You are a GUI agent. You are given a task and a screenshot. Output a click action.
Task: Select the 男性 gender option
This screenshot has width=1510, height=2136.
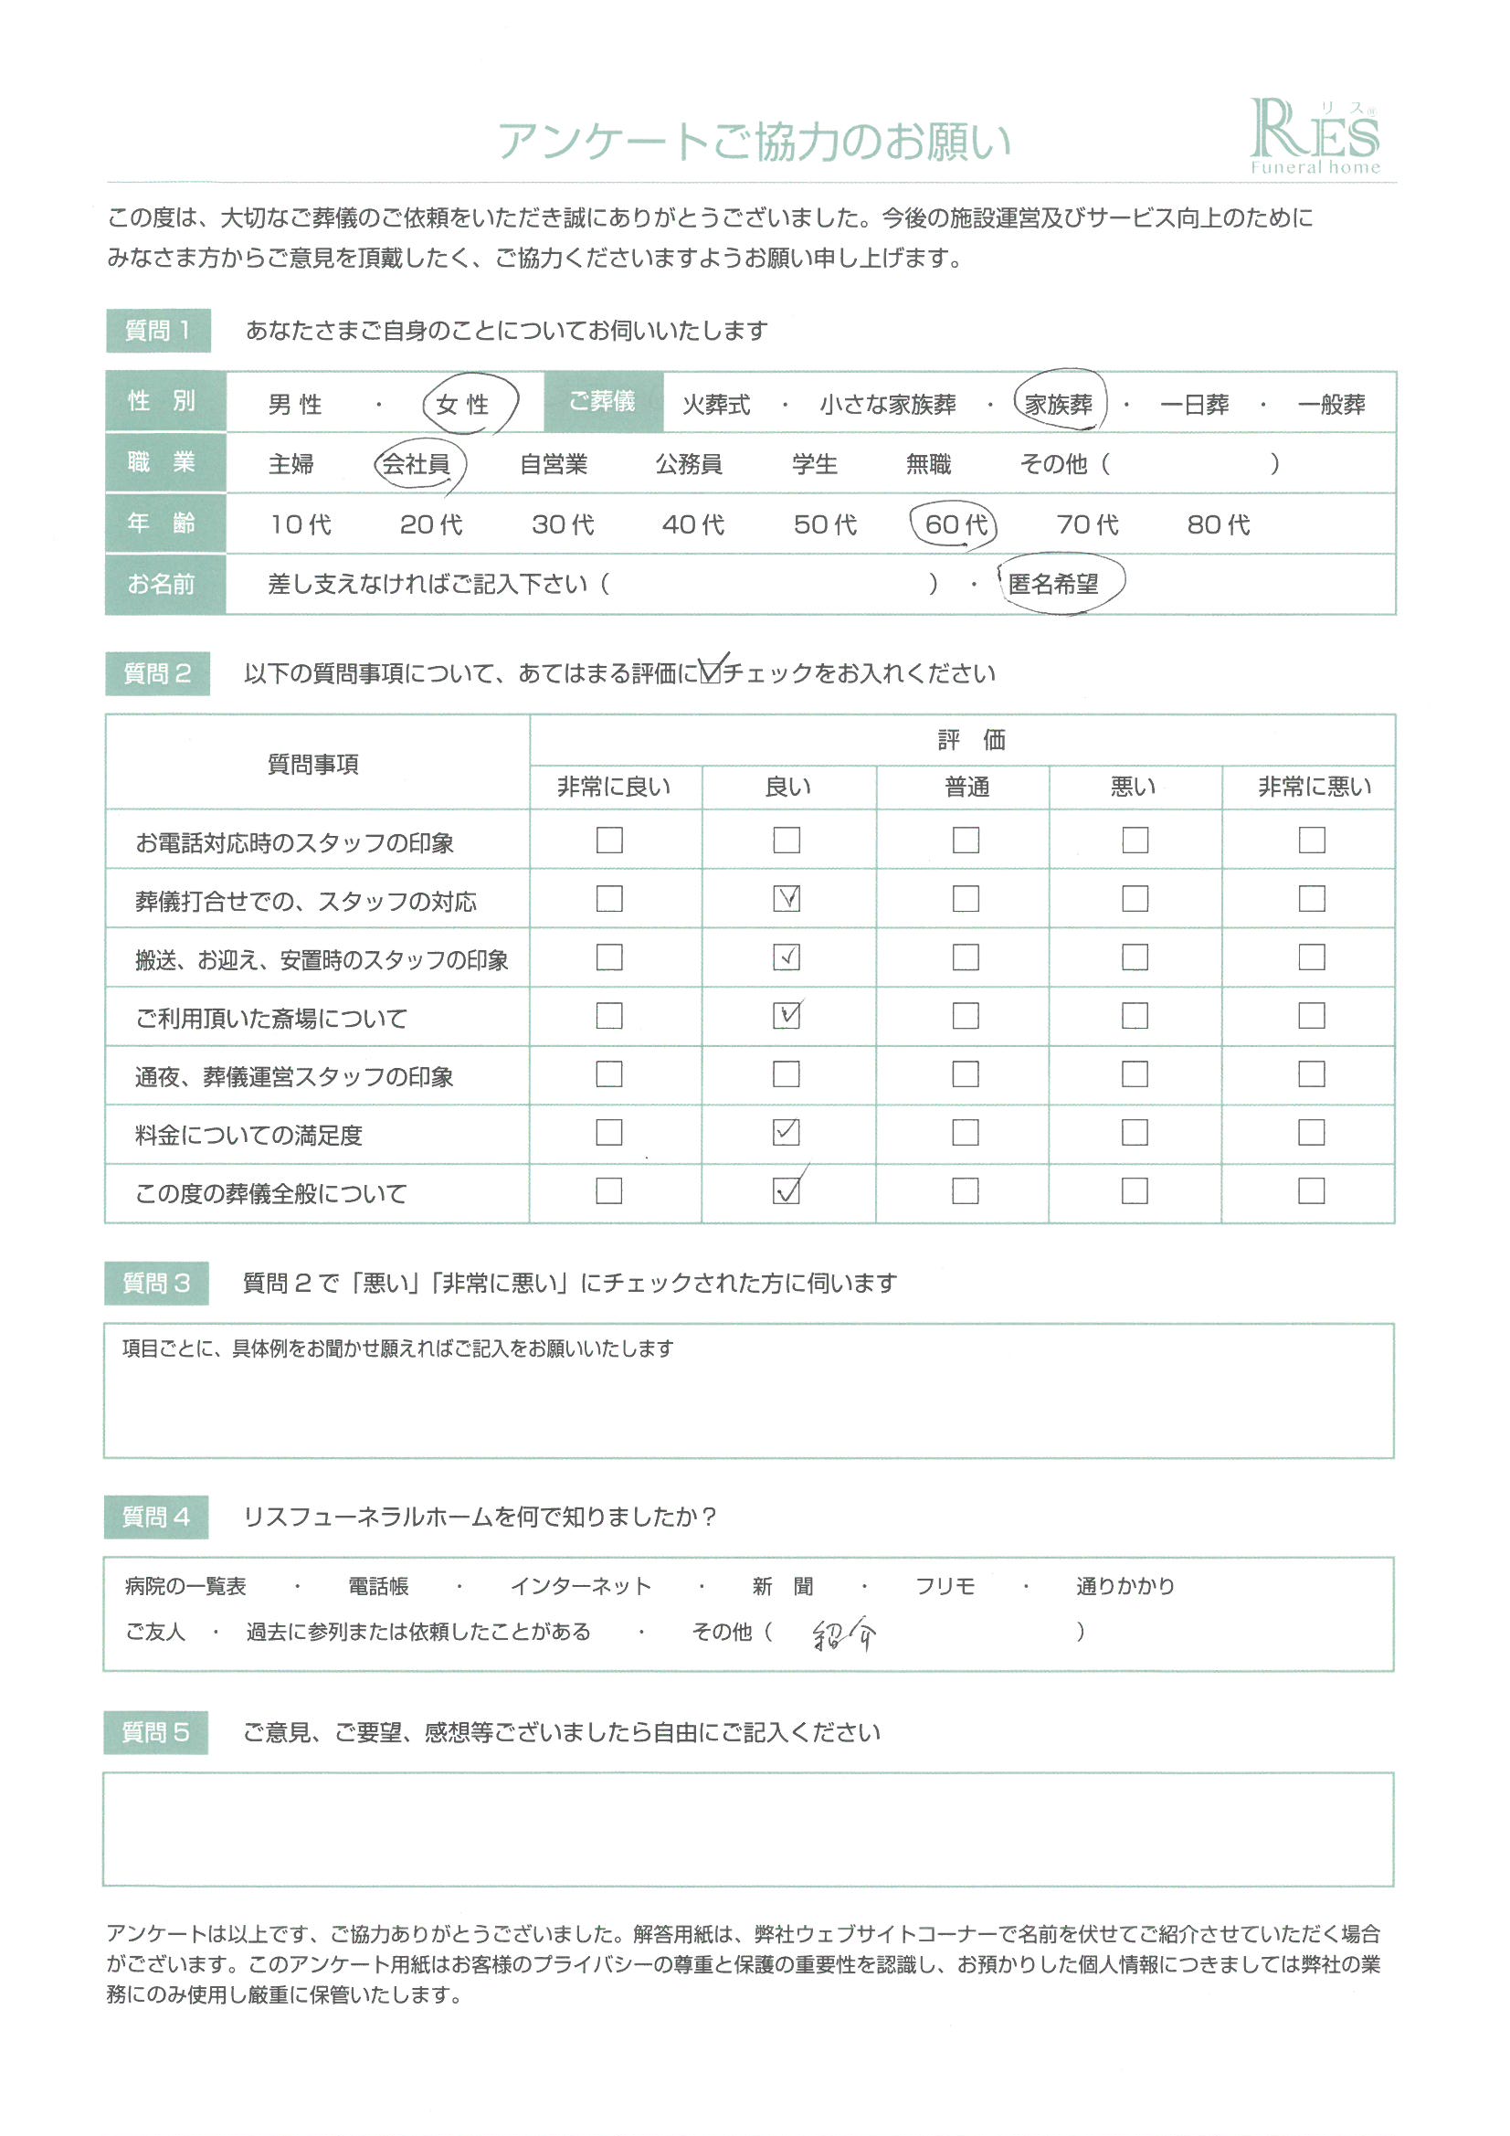295,405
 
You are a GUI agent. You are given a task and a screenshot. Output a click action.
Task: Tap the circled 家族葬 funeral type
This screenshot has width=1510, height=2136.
1059,404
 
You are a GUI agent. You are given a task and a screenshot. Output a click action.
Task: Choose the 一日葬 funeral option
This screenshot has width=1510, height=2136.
1195,405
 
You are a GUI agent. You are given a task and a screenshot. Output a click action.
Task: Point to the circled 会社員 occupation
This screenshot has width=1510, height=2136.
417,463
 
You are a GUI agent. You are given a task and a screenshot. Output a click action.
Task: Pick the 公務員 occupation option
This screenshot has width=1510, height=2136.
689,463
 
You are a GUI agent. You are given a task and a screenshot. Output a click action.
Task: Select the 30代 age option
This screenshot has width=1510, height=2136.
563,524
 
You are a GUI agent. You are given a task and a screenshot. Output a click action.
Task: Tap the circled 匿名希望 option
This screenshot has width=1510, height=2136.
1054,584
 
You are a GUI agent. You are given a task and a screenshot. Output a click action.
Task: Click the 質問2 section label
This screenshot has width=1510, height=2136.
157,673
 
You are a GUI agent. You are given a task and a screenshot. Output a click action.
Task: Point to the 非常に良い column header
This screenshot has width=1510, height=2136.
614,787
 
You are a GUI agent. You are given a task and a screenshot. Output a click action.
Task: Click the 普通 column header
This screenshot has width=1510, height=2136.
966,787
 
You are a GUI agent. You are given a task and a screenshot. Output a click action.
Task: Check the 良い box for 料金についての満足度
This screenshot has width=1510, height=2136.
787,1132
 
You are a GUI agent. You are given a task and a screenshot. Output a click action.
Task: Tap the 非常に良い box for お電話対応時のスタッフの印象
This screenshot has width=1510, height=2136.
609,841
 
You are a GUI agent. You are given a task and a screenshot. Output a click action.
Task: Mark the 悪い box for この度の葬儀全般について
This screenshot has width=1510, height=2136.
1135,1190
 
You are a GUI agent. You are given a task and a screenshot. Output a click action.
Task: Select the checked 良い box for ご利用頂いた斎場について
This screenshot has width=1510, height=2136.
787,1015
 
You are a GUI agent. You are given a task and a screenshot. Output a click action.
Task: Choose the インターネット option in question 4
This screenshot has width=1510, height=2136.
581,1586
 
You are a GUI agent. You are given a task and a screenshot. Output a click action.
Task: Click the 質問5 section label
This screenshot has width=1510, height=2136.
155,1732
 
